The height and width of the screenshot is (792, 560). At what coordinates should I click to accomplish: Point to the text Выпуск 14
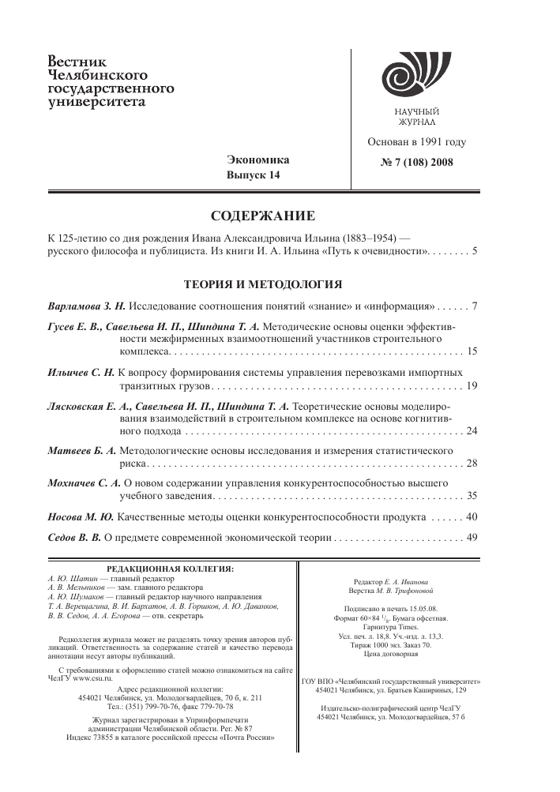pos(254,175)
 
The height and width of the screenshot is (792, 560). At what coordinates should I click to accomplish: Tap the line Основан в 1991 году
pos(416,143)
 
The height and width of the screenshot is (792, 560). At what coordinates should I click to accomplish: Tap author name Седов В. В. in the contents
pos(77,538)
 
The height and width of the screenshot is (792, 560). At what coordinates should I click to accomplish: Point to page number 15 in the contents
pos(472,350)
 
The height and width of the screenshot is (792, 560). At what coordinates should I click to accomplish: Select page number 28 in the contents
pos(472,463)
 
